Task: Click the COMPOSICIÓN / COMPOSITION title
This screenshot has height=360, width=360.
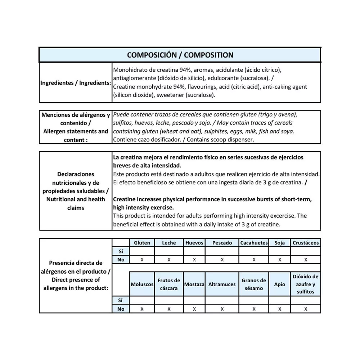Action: pyautogui.click(x=180, y=55)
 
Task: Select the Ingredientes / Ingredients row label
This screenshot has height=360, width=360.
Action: pyautogui.click(x=76, y=83)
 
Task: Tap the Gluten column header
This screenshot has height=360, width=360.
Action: pyautogui.click(x=142, y=243)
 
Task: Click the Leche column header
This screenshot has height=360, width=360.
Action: pyautogui.click(x=169, y=243)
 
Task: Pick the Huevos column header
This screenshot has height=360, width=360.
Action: pyautogui.click(x=194, y=243)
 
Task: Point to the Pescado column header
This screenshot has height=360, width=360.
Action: pyautogui.click(x=222, y=243)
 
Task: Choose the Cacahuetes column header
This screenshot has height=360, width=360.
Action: pyautogui.click(x=254, y=243)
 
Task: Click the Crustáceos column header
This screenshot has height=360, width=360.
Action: pyautogui.click(x=306, y=243)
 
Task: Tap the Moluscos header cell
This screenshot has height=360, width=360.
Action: pyautogui.click(x=142, y=284)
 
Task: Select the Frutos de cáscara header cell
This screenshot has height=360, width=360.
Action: pyautogui.click(x=169, y=284)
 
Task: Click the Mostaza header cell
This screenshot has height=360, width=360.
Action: pyautogui.click(x=194, y=284)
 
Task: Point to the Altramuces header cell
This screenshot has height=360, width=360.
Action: pyautogui.click(x=222, y=284)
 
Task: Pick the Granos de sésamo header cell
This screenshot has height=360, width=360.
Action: pyautogui.click(x=254, y=284)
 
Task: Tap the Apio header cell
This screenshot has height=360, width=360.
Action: pyautogui.click(x=280, y=284)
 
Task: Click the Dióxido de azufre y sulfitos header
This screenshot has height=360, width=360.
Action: pyautogui.click(x=306, y=284)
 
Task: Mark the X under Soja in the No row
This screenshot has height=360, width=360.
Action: pyautogui.click(x=280, y=260)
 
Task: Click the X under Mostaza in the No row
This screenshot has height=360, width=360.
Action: pyautogui.click(x=194, y=309)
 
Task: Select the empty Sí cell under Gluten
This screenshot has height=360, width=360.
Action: pyautogui.click(x=142, y=251)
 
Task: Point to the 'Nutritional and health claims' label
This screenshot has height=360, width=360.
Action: pyautogui.click(x=76, y=203)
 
